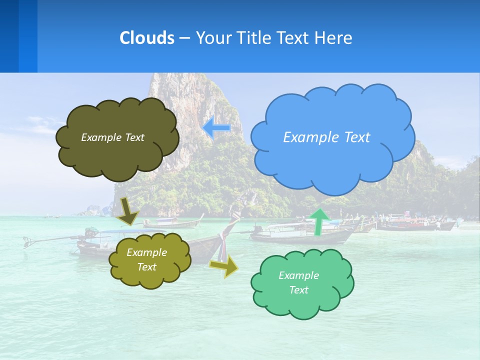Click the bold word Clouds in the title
click(146, 38)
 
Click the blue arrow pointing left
click(216, 128)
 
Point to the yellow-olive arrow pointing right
click(224, 266)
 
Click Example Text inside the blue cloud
click(326, 137)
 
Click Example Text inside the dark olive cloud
click(112, 137)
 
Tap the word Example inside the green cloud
click(298, 275)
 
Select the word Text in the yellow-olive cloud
click(146, 267)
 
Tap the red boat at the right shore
click(415, 225)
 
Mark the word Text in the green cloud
click(298, 290)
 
